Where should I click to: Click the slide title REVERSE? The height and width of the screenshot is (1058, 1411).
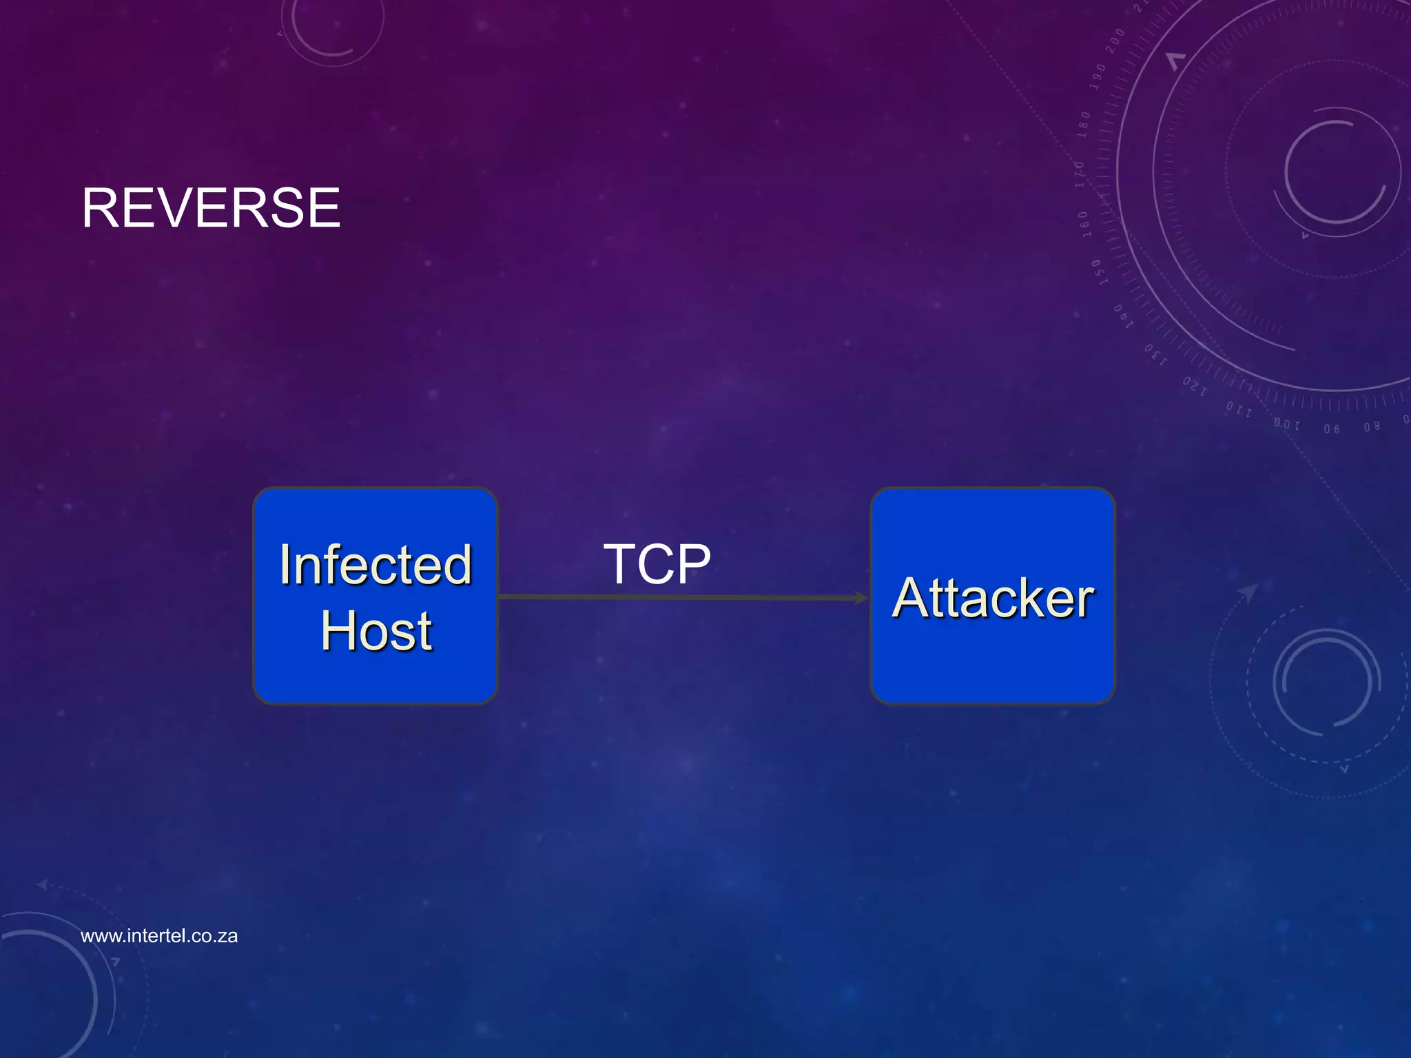(211, 208)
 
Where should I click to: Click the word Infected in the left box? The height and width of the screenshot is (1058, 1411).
(375, 565)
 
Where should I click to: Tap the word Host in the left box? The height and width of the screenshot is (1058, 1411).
(376, 631)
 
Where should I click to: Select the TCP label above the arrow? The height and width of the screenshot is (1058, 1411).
(657, 564)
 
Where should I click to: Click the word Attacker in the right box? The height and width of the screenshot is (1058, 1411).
(992, 598)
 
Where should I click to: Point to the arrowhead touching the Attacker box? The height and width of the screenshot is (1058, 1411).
(861, 597)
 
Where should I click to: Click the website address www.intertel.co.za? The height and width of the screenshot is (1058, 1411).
(159, 936)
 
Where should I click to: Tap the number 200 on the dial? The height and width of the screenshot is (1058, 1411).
(1115, 40)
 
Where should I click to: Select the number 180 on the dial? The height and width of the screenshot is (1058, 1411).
(1084, 124)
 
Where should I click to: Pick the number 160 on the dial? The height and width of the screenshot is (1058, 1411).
(1084, 224)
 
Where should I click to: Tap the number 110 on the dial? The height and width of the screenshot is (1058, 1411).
(1238, 409)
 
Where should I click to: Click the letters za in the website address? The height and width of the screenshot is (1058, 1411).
(227, 936)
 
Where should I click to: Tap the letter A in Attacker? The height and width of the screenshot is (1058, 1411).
(912, 598)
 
